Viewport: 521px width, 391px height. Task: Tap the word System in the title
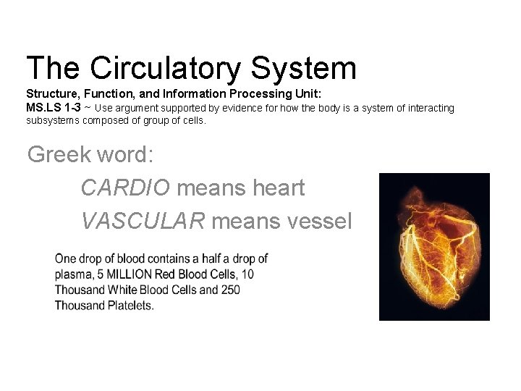pos(304,68)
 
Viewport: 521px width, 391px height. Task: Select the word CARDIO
pos(125,188)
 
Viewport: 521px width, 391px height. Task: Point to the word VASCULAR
pos(143,220)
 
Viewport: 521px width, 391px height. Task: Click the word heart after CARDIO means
pos(278,188)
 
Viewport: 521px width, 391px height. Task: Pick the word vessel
pos(318,220)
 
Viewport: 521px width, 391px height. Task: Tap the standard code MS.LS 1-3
pos(53,108)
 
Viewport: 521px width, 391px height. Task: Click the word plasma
pos(72,274)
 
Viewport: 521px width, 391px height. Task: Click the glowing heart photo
pos(434,246)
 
